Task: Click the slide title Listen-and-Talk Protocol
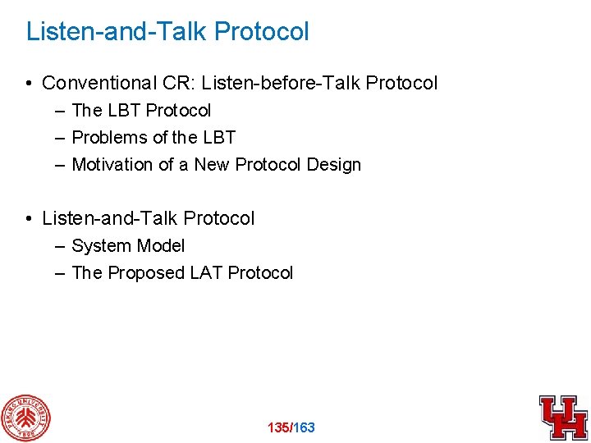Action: point(167,32)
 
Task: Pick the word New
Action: point(212,164)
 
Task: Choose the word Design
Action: point(333,164)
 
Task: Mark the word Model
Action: point(161,245)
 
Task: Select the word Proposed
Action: point(144,272)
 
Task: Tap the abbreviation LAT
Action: point(206,272)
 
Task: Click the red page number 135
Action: point(279,427)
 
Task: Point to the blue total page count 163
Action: point(304,427)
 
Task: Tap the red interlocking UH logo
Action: point(562,417)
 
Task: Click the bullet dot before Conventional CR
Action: point(29,84)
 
